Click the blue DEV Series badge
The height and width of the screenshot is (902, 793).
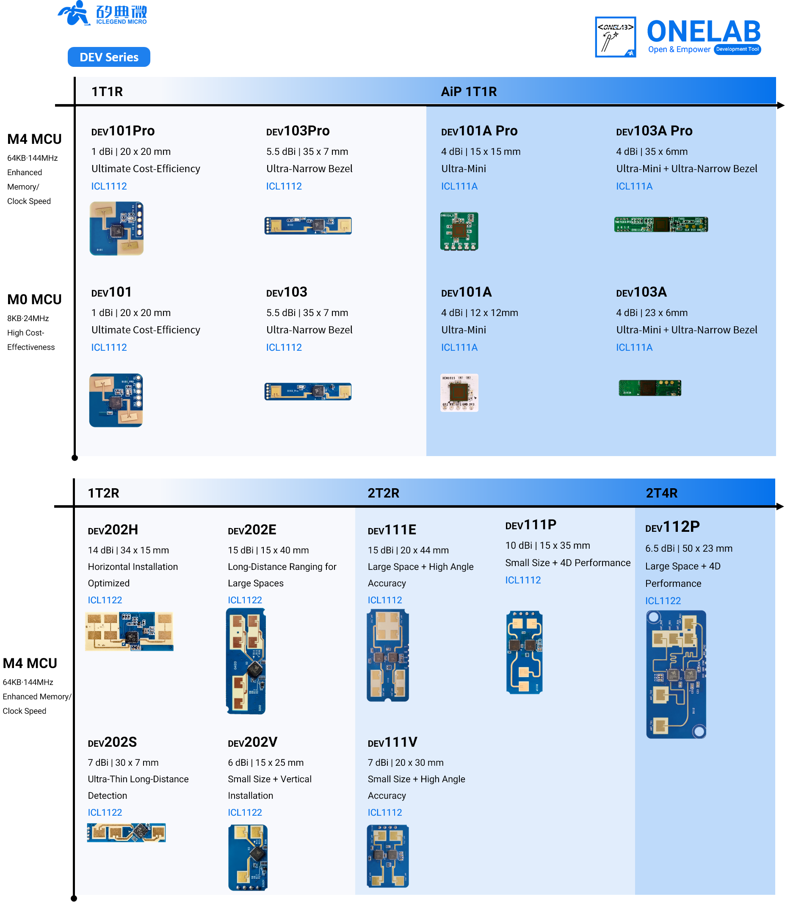[109, 57]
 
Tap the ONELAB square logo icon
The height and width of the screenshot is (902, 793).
[615, 37]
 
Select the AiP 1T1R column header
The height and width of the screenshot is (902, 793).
[468, 91]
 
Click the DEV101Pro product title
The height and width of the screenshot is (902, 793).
[123, 131]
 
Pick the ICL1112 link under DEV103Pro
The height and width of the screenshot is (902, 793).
[284, 186]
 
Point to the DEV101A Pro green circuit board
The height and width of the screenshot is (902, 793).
[459, 231]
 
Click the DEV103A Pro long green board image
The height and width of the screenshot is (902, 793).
[660, 224]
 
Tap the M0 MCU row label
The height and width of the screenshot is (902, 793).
[34, 299]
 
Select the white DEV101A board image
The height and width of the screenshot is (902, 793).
[459, 392]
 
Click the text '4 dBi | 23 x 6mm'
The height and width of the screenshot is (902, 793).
[651, 312]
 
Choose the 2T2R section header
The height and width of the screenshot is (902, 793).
[383, 492]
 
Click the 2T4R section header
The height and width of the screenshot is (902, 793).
[661, 492]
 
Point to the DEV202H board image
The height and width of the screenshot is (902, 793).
[129, 631]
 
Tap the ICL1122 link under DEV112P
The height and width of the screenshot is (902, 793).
[662, 600]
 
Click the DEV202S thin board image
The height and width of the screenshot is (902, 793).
[126, 832]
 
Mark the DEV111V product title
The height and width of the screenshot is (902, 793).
[392, 742]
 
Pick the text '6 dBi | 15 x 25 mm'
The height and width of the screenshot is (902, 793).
[265, 762]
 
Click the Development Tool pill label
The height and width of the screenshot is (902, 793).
[737, 49]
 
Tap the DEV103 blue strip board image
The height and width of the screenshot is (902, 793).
[308, 391]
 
